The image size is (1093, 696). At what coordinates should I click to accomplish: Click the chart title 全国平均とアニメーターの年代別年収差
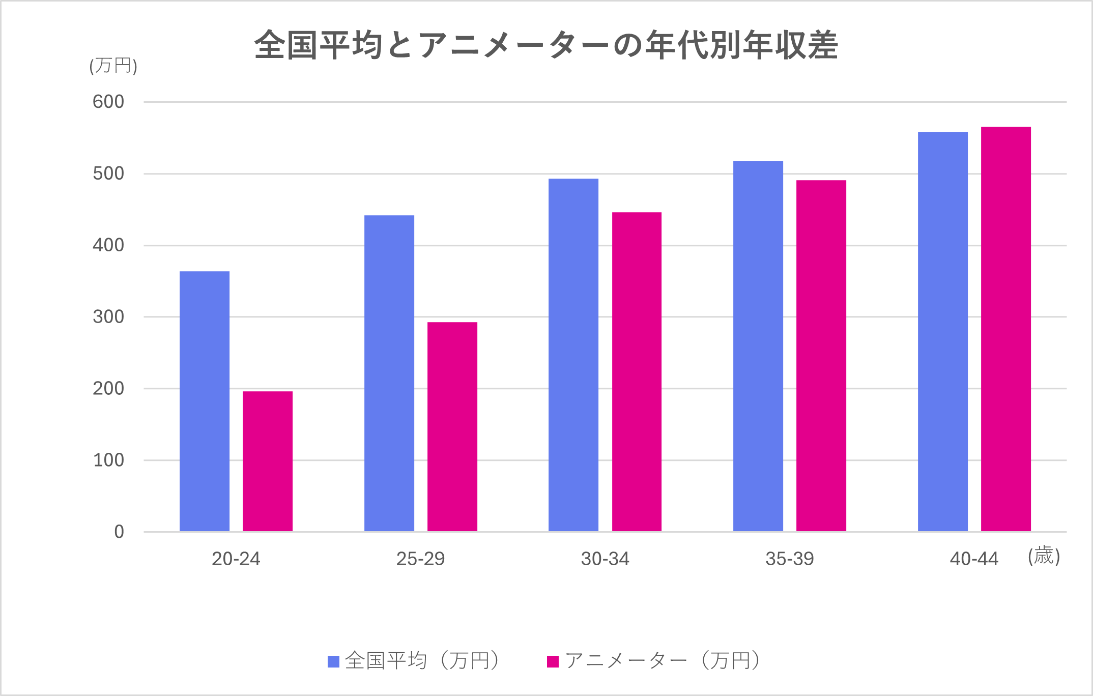coord(546,45)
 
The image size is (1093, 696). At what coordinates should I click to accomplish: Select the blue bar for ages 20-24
coord(205,401)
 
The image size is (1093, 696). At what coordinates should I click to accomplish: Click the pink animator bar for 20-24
coord(268,461)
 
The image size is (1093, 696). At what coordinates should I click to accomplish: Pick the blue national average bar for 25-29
coord(389,373)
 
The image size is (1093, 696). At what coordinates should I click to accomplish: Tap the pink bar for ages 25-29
coord(452,427)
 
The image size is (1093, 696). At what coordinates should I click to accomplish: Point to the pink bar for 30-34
coord(637,372)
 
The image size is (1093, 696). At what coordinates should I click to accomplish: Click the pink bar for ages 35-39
coord(821,356)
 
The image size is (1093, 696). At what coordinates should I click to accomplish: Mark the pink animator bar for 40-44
coord(1006,329)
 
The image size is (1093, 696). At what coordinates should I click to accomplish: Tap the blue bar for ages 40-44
coord(943,332)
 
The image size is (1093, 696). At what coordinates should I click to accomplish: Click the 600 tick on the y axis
coord(108,102)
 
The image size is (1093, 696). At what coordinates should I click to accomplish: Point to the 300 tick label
coord(108,317)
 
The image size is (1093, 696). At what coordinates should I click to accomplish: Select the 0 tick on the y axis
coord(119,532)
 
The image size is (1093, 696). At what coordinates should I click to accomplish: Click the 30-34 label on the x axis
coord(605,559)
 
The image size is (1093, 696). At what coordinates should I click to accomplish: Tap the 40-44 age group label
coord(974,559)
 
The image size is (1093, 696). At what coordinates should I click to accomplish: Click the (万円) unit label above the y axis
coord(113,66)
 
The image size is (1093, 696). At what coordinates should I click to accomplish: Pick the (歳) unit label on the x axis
coord(1044,556)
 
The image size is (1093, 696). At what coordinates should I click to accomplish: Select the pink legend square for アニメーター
coord(553,661)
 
